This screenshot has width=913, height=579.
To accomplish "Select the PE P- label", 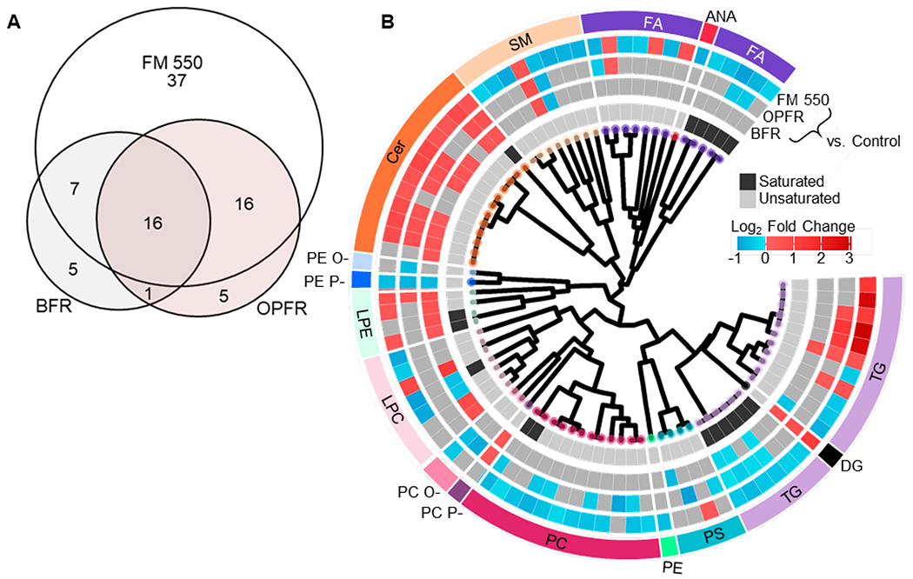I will coord(327,280).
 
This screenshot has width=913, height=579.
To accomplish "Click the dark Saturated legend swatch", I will coord(748,181).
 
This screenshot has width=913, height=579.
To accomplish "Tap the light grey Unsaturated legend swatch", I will coord(748,198).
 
